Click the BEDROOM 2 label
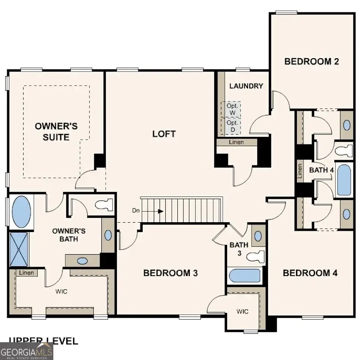[312, 62]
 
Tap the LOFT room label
[164, 134]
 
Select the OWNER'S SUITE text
[56, 132]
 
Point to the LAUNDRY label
[246, 86]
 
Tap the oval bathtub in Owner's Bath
[21, 212]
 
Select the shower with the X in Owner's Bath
[18, 249]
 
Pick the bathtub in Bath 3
[244, 276]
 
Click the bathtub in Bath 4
[344, 180]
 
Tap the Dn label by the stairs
[136, 210]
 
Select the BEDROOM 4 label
[310, 273]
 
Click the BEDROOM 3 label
[170, 273]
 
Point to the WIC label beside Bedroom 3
[242, 312]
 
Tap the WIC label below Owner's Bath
[61, 292]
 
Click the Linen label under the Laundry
[236, 142]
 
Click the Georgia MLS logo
[27, 351]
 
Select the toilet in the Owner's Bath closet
[104, 206]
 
